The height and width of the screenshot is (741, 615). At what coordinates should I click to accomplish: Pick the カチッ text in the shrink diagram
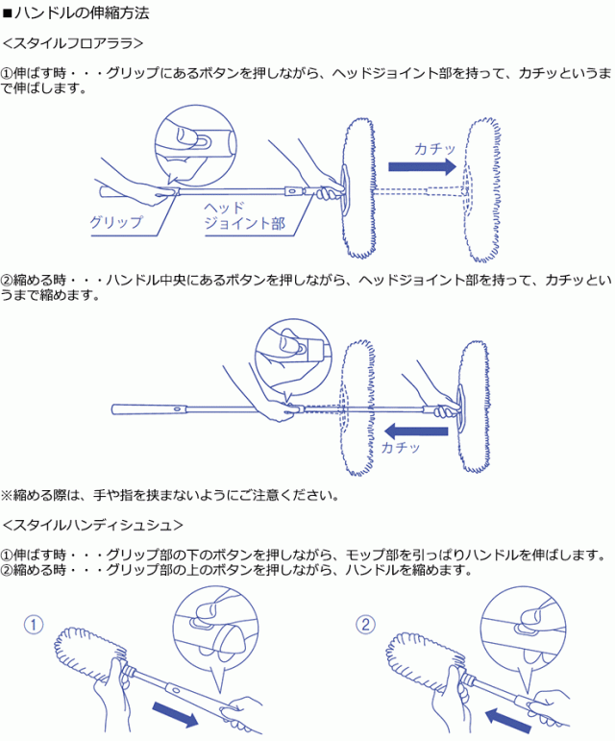pos(401,448)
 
